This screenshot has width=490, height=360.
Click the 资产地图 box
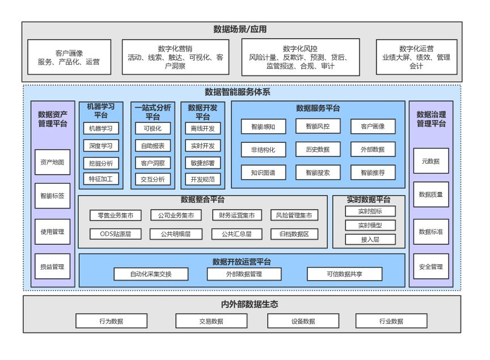52,162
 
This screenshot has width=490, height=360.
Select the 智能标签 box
52,197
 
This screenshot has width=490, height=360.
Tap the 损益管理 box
52,266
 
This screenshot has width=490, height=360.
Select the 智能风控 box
318,126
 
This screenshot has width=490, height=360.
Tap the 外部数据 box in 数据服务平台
373,150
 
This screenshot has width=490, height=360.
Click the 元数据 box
431,161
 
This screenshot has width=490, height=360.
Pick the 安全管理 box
431,266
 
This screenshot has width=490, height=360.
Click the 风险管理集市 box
294,215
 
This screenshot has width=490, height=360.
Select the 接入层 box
370,239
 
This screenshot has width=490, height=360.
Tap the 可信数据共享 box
344,274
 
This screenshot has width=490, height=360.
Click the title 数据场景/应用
240,29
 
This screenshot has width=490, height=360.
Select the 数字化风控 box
301,57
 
